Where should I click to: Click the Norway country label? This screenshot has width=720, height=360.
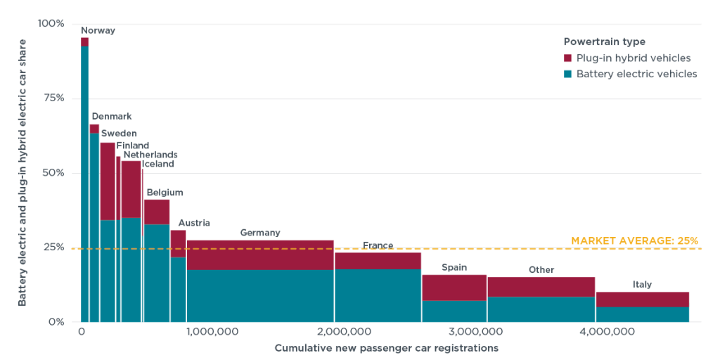point(98,30)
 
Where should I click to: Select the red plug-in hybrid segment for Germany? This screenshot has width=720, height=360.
point(260,255)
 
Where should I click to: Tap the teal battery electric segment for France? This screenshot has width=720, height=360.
point(378,295)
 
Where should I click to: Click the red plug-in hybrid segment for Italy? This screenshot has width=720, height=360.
point(642,300)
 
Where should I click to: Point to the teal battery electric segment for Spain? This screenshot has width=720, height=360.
point(454,311)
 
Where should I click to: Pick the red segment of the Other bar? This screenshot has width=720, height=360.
point(541,287)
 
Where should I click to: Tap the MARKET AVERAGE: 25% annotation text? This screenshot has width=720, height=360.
point(634,240)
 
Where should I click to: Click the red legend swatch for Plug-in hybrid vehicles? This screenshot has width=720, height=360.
point(568,58)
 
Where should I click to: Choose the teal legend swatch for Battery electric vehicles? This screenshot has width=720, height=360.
point(568,74)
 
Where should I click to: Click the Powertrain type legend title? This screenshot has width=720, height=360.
point(604,41)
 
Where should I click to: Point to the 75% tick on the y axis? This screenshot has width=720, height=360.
point(50,98)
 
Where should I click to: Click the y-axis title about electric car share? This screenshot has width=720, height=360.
point(22,172)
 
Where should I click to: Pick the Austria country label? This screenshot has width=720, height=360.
point(194,223)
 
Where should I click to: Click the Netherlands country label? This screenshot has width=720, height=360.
point(150,155)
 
